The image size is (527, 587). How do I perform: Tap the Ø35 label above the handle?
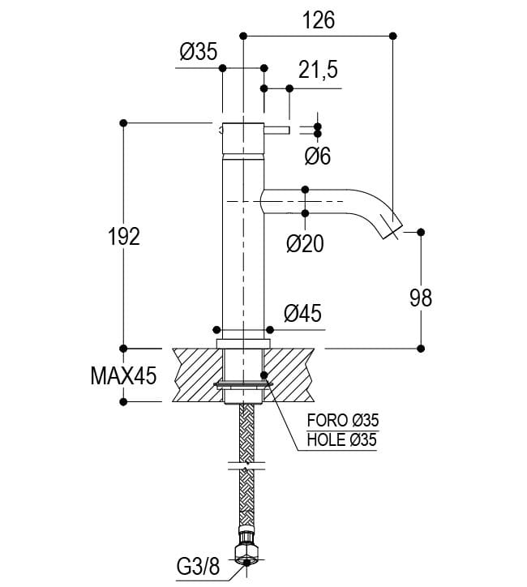point(199,54)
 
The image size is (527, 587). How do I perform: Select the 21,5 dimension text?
point(318,71)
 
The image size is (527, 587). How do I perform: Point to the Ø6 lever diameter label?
point(318,156)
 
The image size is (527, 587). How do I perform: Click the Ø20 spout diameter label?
point(306,243)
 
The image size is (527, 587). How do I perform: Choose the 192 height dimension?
point(123,237)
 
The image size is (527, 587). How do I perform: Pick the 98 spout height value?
point(421,298)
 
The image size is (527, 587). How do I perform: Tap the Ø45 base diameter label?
point(303,313)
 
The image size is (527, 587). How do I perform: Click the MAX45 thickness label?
point(122,375)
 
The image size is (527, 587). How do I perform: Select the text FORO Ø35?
point(343,420)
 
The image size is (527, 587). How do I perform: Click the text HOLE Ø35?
point(343,440)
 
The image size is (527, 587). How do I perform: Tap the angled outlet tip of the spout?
point(392,229)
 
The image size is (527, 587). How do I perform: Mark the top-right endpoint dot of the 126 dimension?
point(393,35)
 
